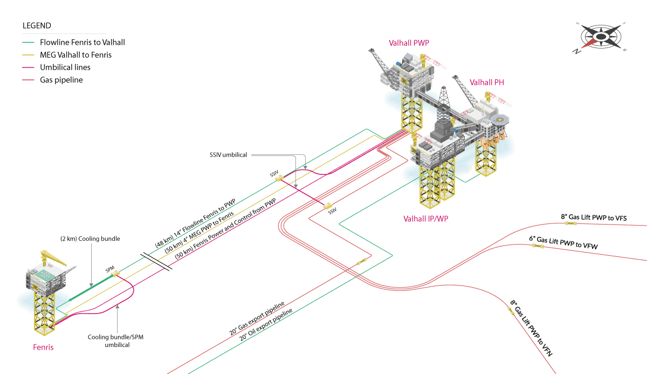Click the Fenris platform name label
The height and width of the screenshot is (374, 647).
pos(43,347)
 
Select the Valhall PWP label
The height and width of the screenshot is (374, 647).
pos(409,43)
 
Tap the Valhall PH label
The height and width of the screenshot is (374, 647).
pos(487,83)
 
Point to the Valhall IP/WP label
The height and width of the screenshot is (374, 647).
pos(426,219)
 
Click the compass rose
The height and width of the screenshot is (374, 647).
pos(601,37)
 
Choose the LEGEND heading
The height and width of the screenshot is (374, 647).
pos(37,25)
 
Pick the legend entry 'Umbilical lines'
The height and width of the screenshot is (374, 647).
pos(65,67)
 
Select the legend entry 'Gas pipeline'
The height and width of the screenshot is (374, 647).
pos(61,80)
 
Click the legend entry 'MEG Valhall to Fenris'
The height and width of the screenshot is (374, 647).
pos(75,55)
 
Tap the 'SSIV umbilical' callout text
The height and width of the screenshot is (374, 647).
pos(228,155)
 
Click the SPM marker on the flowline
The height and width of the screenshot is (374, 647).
pos(114,275)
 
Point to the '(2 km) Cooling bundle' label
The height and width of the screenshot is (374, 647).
pos(90,239)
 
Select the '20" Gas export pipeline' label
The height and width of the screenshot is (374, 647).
pos(257,318)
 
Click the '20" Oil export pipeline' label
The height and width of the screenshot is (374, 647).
pos(266,325)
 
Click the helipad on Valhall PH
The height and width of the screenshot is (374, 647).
pos(501,119)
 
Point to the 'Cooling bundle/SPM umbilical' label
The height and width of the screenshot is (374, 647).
pos(116,341)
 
